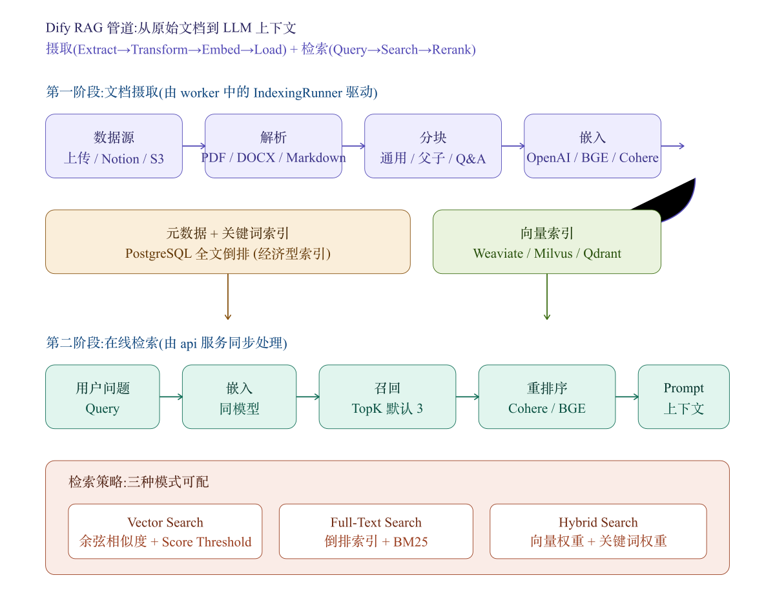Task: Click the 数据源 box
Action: coord(114,146)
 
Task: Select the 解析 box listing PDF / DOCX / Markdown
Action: coord(273,146)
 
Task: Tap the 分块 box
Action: coord(433,146)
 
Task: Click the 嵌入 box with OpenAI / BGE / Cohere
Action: coord(592,146)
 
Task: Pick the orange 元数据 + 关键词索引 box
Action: coord(228,242)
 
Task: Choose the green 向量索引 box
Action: coord(547,242)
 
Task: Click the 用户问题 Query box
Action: coord(103,397)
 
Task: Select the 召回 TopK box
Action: coord(387,397)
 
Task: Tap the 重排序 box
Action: coord(547,397)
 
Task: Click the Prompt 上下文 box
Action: coord(683,397)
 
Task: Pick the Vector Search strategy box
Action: coord(165,531)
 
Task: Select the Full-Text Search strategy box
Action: coord(376,531)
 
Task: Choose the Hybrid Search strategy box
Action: coord(598,531)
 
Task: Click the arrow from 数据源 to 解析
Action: coord(194,146)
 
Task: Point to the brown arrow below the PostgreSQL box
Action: coord(228,296)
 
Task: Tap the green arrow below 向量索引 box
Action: coord(547,296)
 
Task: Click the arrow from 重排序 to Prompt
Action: coord(627,397)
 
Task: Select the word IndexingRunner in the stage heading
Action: coord(298,93)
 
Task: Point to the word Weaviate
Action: coord(498,253)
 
